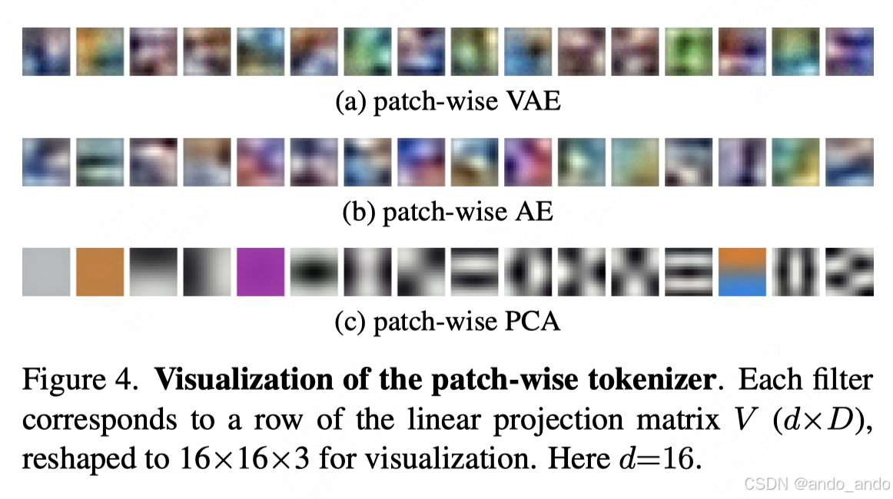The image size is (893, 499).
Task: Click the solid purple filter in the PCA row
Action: (x=261, y=272)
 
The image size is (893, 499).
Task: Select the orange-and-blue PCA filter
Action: (x=742, y=272)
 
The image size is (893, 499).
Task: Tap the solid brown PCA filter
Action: (x=100, y=272)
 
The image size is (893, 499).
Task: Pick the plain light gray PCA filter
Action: (x=46, y=272)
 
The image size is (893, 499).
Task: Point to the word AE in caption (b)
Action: (x=533, y=212)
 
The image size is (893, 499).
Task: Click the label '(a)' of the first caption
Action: (x=350, y=101)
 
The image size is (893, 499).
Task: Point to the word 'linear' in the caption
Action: (x=472, y=420)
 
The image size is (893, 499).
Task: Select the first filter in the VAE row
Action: (x=46, y=51)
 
